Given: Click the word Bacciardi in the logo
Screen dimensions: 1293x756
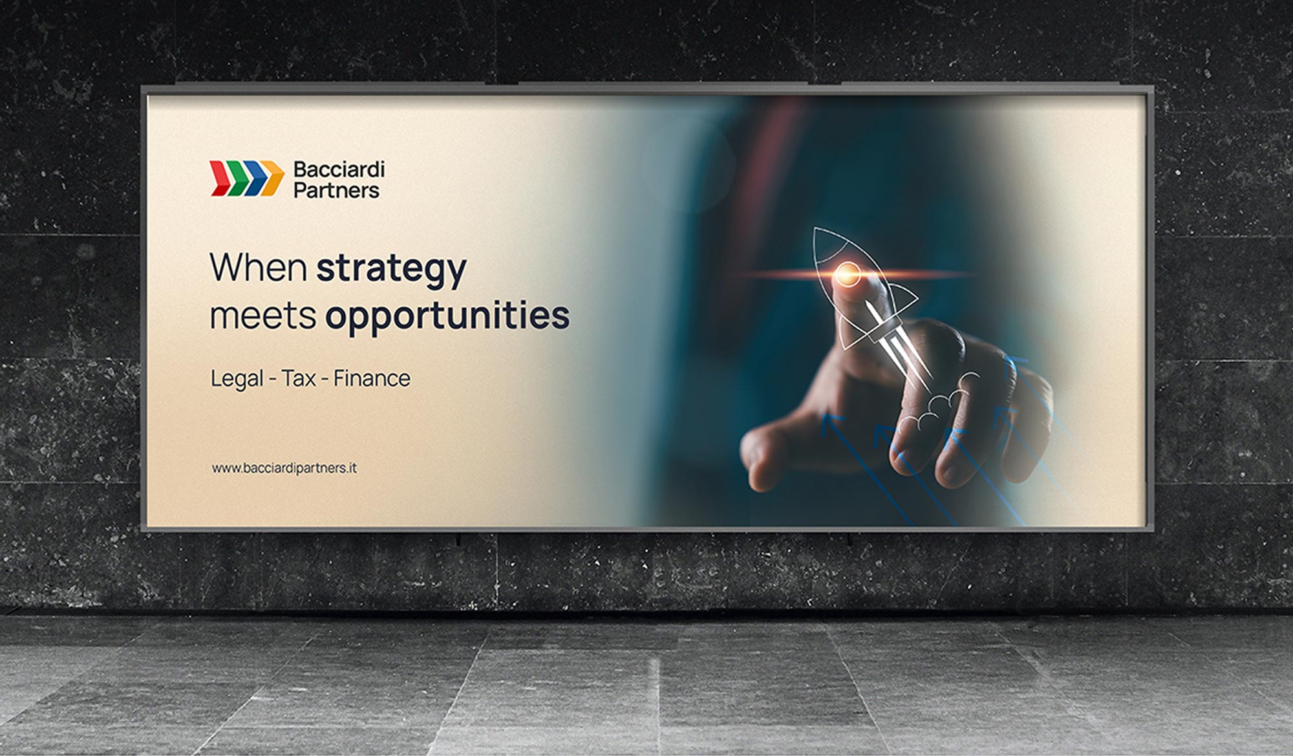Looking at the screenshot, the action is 339,170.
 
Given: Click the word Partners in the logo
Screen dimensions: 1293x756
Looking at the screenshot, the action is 337,191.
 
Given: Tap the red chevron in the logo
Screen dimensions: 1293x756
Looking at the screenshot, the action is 221,178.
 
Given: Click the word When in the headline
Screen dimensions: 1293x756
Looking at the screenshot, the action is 258,266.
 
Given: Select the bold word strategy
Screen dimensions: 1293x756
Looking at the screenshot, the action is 391,270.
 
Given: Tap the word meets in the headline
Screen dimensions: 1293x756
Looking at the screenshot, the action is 263,316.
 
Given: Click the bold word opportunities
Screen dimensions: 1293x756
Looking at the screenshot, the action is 447,317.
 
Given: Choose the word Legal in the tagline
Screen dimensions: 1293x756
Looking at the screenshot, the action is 237,379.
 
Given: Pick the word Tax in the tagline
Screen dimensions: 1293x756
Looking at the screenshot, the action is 299,378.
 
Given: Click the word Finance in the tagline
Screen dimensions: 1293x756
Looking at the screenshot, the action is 372,378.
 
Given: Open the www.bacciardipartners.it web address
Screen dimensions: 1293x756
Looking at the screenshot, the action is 284,468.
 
